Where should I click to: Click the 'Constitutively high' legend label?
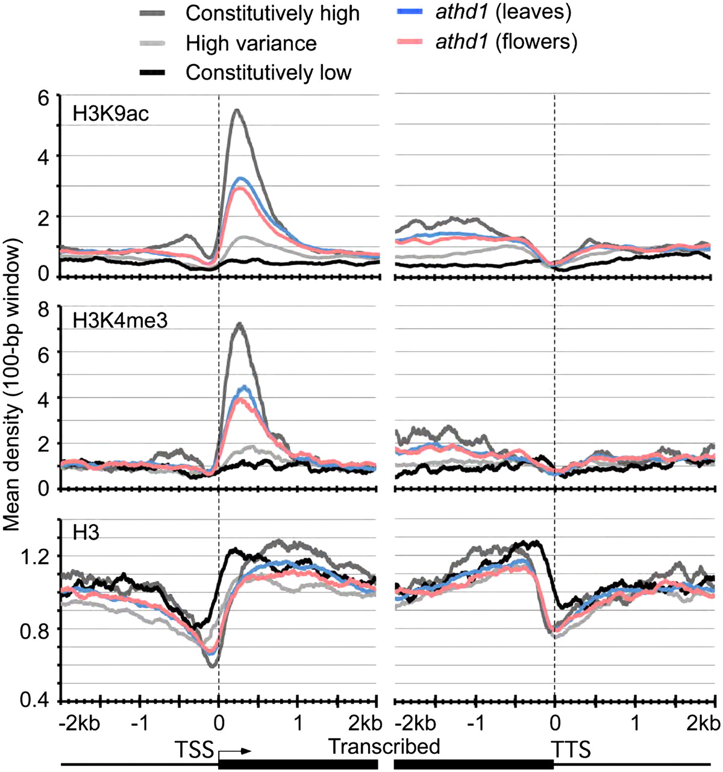pyautogui.click(x=272, y=13)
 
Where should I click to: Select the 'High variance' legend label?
pyautogui.click(x=251, y=43)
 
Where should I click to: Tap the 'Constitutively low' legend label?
pyautogui.click(x=268, y=72)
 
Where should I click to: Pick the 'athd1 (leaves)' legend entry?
pyautogui.click(x=503, y=11)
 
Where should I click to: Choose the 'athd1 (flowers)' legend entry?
pyautogui.click(x=506, y=41)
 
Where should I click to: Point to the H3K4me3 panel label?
pyautogui.click(x=120, y=320)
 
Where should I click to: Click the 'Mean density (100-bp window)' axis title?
pyautogui.click(x=12, y=386)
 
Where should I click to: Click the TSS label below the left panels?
pyautogui.click(x=194, y=747)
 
